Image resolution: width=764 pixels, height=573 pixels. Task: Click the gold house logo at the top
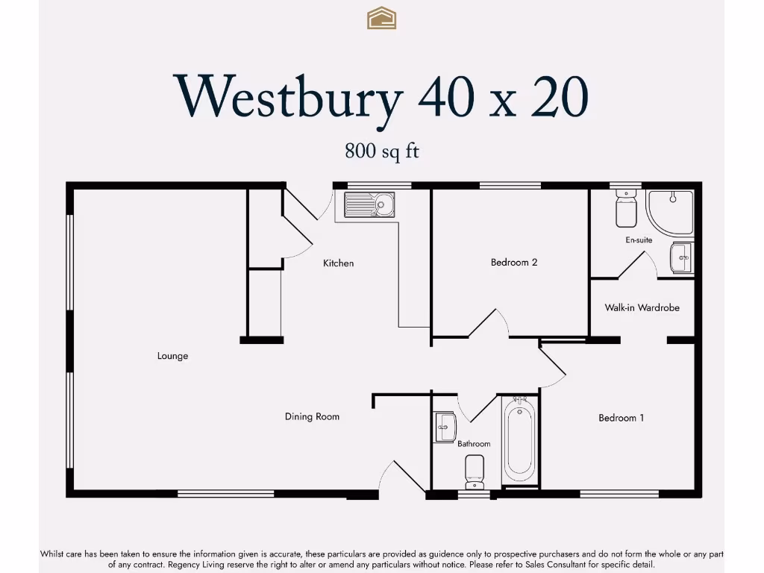(381, 18)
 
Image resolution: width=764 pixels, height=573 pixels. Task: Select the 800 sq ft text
(381, 151)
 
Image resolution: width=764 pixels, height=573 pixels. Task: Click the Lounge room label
(172, 356)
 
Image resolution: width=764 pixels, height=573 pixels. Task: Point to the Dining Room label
(312, 416)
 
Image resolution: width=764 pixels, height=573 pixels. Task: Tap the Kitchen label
(338, 263)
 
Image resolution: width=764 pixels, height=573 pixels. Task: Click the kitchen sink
(369, 204)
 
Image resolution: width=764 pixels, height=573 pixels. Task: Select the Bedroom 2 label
(514, 262)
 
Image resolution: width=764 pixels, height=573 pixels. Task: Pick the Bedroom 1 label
(621, 418)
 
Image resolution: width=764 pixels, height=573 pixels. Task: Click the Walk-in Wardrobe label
(642, 307)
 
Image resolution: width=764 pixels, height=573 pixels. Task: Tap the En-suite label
(639, 240)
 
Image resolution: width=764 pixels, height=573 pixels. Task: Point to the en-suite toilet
(624, 209)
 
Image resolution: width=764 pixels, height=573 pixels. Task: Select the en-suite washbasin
(681, 258)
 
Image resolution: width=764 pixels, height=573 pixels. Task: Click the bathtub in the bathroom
(519, 441)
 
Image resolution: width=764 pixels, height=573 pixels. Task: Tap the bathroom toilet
(475, 470)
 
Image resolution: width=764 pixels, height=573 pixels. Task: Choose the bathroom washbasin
(445, 427)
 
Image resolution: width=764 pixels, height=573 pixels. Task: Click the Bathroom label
(474, 444)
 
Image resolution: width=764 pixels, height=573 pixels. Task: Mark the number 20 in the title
(559, 97)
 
